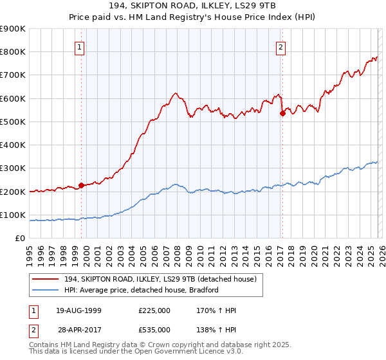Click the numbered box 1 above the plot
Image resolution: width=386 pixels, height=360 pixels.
(79, 46)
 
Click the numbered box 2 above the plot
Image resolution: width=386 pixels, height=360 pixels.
(280, 46)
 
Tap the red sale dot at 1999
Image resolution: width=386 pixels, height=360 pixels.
(82, 186)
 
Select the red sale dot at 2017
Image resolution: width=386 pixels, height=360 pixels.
(282, 114)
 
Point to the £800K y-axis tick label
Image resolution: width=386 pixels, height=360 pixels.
(13, 52)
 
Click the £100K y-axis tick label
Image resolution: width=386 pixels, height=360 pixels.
(13, 215)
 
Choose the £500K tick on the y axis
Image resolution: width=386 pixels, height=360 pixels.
(13, 122)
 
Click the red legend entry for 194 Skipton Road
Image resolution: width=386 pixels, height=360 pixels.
(161, 278)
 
